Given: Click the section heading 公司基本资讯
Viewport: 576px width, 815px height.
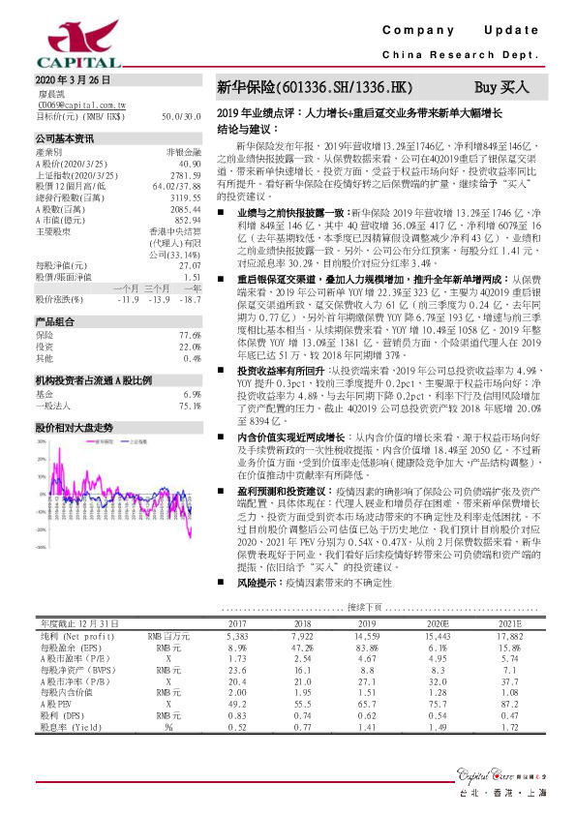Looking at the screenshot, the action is pos(65,138).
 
